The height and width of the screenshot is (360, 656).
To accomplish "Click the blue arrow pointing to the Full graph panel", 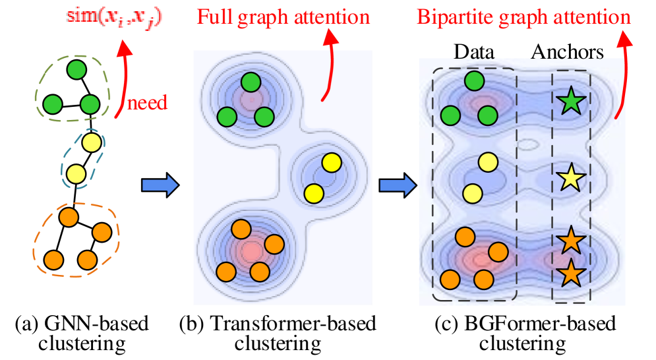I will pyautogui.click(x=160, y=185).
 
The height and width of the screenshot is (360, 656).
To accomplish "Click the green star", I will pyautogui.click(x=570, y=102).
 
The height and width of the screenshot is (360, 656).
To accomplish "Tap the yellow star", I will pyautogui.click(x=570, y=178).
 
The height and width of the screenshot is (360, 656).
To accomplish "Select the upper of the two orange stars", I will pyautogui.click(x=570, y=241).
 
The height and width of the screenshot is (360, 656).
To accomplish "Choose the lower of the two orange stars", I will pyautogui.click(x=570, y=272).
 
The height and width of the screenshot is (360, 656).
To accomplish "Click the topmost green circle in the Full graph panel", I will pyautogui.click(x=251, y=82).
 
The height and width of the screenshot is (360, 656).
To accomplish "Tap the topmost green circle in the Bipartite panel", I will pyautogui.click(x=474, y=81).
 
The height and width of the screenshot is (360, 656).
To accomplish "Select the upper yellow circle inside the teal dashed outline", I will pyautogui.click(x=92, y=142).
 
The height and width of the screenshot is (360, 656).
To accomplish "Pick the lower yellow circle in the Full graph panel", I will pyautogui.click(x=314, y=193).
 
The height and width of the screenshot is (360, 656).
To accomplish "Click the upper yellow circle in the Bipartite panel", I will pyautogui.click(x=487, y=162).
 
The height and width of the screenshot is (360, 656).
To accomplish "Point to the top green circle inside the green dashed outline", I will pyautogui.click(x=76, y=69).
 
